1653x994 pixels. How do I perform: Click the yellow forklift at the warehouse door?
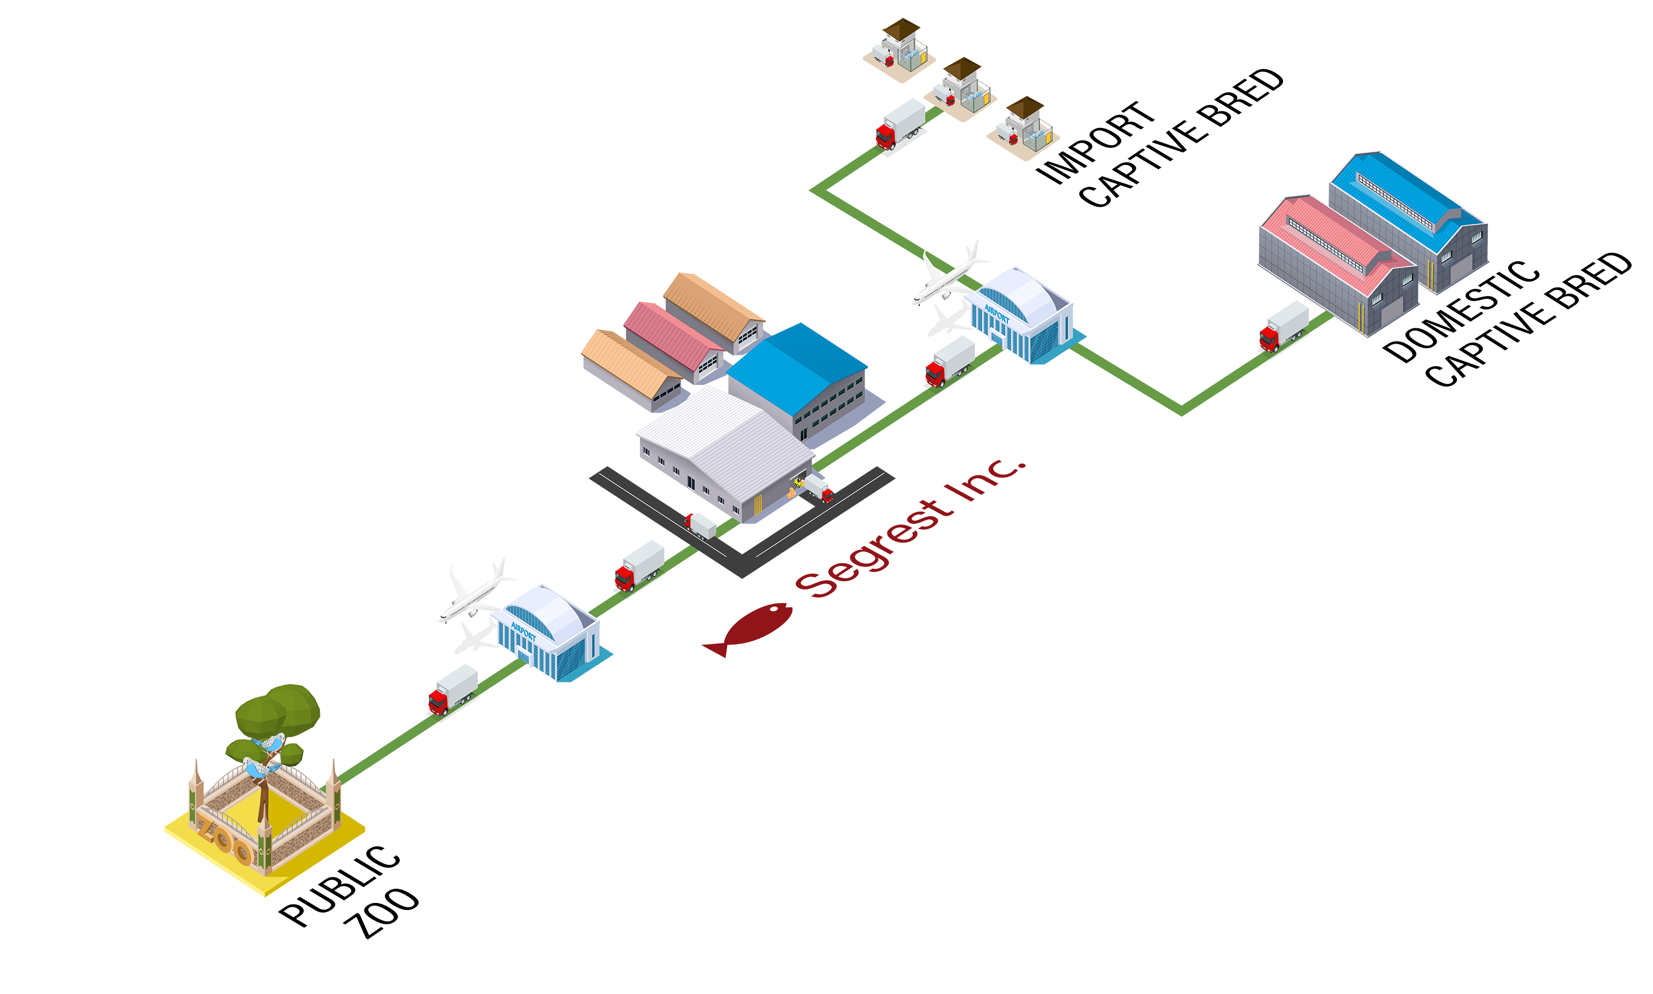(x=799, y=482)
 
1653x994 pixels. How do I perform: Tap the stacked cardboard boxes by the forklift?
(x=792, y=494)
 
